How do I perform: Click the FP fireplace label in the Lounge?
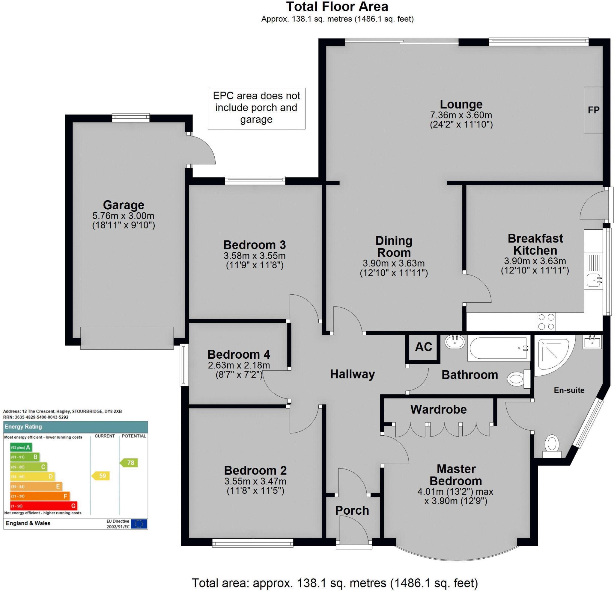594,110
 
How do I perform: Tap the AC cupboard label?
424,347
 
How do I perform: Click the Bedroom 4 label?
239,354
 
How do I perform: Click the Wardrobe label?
439,410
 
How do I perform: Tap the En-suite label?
569,390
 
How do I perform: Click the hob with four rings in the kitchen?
546,322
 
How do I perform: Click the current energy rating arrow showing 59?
101,476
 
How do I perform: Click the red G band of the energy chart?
43,506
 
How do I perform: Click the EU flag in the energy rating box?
139,524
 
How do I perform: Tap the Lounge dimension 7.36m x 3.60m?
461,115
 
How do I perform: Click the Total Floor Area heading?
337,7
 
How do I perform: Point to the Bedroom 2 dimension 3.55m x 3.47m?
255,481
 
